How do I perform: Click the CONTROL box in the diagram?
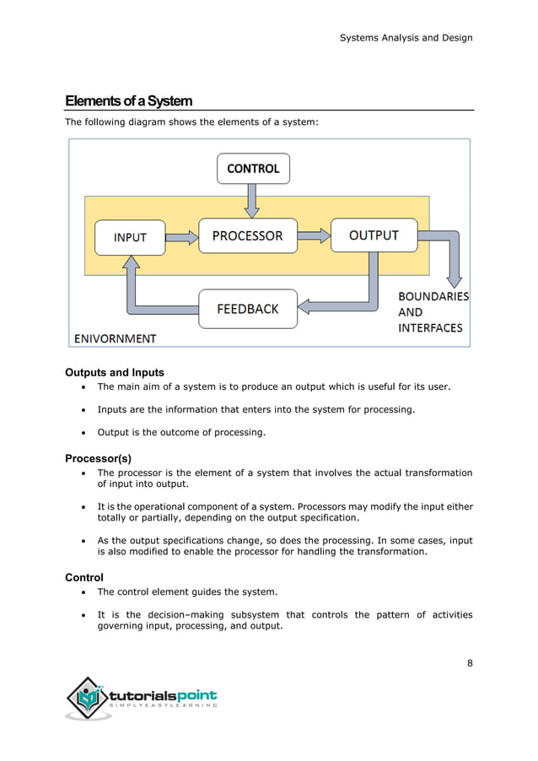click(x=253, y=169)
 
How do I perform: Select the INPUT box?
click(x=130, y=237)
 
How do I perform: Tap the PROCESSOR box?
click(x=247, y=236)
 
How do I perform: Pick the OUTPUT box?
click(x=374, y=235)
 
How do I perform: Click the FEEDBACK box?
click(x=248, y=309)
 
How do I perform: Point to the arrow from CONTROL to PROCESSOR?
click(x=252, y=200)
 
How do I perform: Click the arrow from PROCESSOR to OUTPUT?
click(x=314, y=236)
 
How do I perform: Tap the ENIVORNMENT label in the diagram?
click(x=116, y=338)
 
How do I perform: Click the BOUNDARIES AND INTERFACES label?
click(x=433, y=312)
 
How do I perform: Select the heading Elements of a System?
click(x=129, y=101)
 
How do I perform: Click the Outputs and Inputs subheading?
click(x=115, y=372)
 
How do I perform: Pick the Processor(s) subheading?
click(x=98, y=458)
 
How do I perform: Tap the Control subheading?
click(x=84, y=577)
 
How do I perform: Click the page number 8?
click(x=470, y=662)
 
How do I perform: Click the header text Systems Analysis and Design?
click(x=406, y=37)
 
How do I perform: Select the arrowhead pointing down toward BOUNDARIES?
click(x=454, y=278)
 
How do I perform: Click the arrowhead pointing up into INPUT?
click(x=131, y=263)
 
